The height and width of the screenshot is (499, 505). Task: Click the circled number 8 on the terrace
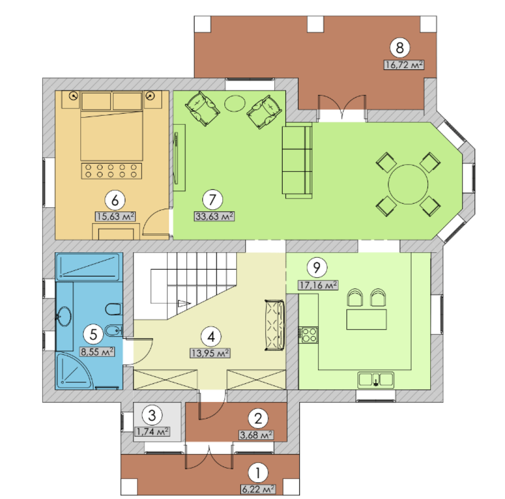point(400,48)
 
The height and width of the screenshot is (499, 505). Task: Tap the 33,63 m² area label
point(214,216)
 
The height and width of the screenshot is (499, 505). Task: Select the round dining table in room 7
point(408,184)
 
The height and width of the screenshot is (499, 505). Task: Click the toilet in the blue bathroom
point(114,309)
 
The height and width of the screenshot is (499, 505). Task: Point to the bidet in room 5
point(114,330)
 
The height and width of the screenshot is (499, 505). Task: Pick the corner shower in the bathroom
point(74,371)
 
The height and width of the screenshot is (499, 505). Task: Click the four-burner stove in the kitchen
point(308,335)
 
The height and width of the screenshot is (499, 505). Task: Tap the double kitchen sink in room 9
point(376,380)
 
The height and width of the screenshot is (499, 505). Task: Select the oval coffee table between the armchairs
point(235,104)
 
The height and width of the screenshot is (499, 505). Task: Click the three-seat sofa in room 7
point(297,160)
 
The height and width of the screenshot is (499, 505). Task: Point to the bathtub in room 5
point(89,267)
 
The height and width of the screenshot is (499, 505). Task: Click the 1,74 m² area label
point(152,431)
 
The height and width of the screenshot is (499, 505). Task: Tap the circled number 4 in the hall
point(211,337)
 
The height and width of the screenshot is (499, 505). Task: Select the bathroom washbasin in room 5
point(64,316)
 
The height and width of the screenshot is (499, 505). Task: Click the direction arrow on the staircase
point(184,303)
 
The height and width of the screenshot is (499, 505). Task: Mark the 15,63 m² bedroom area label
point(115,216)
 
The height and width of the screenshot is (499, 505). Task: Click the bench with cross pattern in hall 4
point(274,325)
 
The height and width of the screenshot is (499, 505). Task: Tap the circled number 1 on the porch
point(258,473)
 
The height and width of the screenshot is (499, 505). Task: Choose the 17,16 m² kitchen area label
point(318,285)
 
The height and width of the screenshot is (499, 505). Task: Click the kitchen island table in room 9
point(366,319)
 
